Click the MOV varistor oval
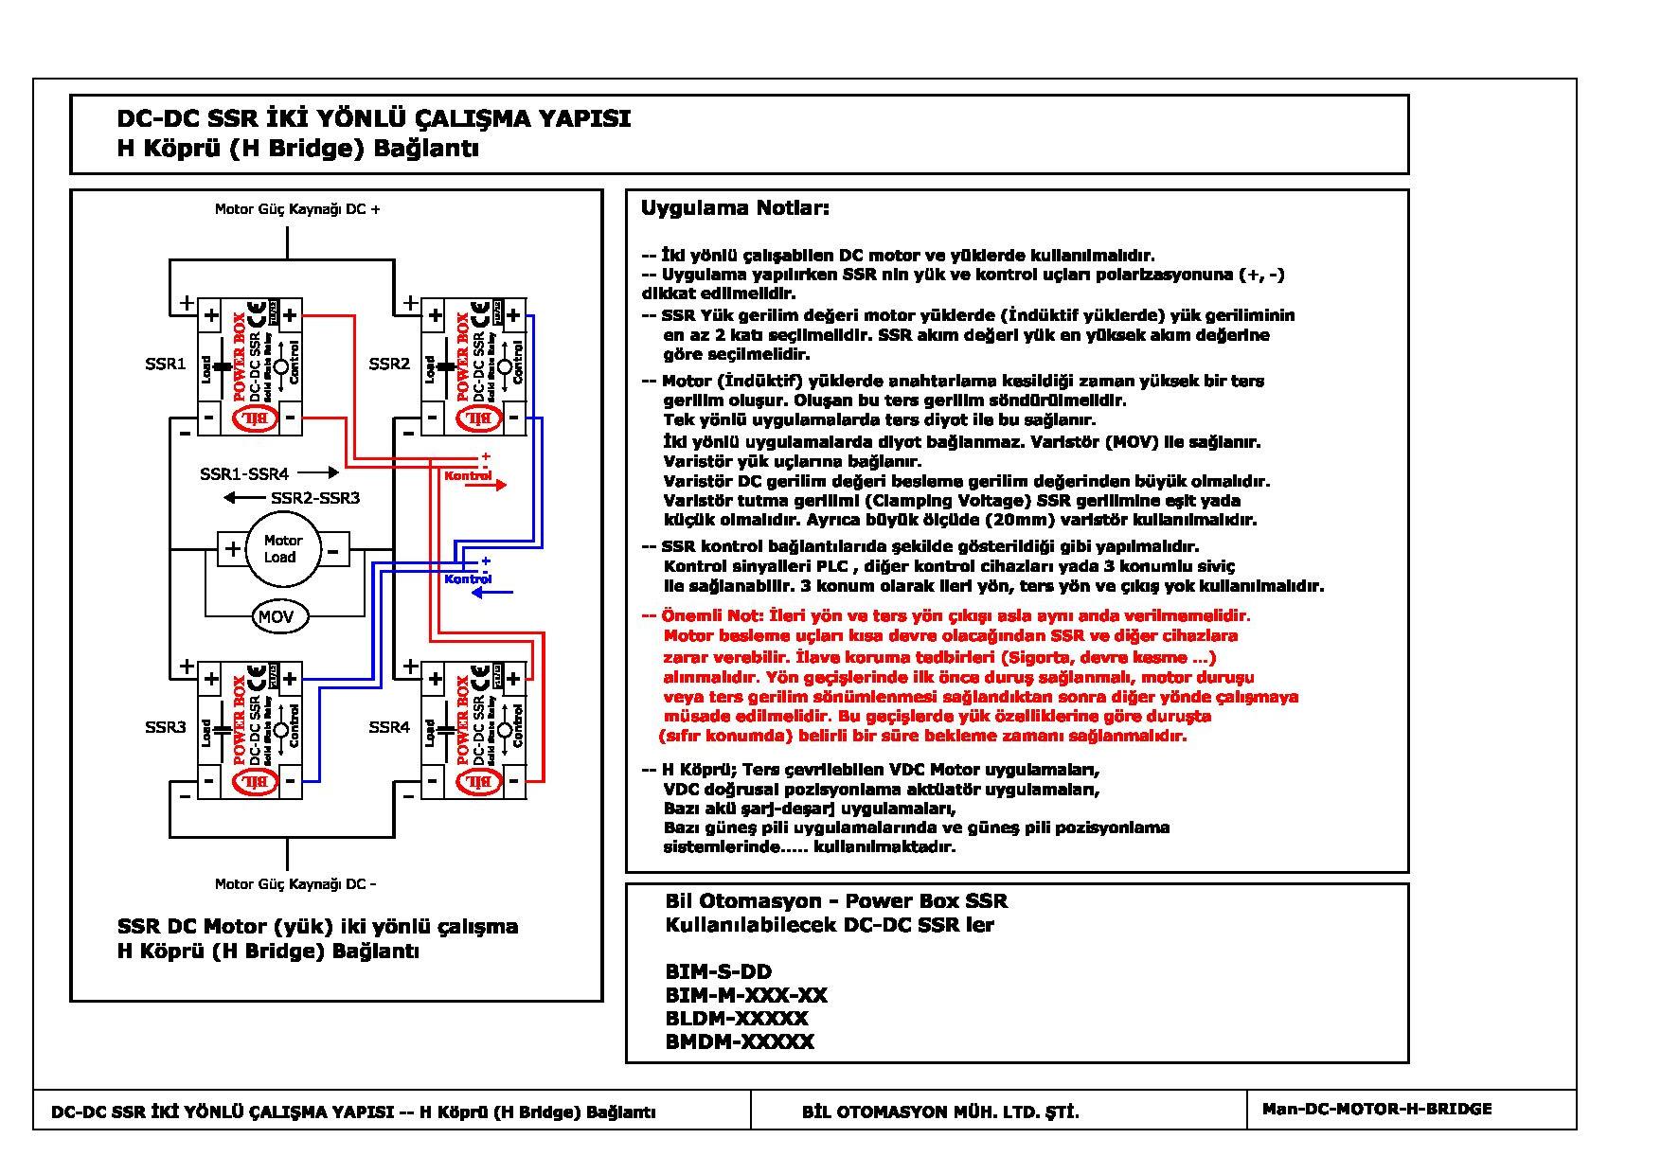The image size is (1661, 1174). (x=276, y=616)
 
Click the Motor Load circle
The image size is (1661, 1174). (x=281, y=548)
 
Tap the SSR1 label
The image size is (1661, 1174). (x=166, y=365)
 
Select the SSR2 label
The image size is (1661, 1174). (x=389, y=365)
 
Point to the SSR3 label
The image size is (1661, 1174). (x=166, y=727)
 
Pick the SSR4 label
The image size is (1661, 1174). (x=389, y=727)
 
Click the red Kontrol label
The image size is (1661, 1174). (x=468, y=475)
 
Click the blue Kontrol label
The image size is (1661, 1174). (x=468, y=578)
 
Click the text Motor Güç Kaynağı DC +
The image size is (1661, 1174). (x=297, y=209)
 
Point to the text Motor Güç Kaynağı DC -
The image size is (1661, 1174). (x=295, y=884)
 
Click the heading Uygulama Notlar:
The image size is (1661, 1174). (x=735, y=208)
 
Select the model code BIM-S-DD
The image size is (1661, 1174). (x=718, y=971)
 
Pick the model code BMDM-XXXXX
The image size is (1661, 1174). (x=740, y=1041)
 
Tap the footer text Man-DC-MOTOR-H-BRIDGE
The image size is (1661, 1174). (x=1376, y=1109)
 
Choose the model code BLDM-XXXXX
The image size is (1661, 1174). (x=737, y=1018)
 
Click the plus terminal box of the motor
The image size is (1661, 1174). (x=232, y=548)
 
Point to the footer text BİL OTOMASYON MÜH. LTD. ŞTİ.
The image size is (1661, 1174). (x=939, y=1112)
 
